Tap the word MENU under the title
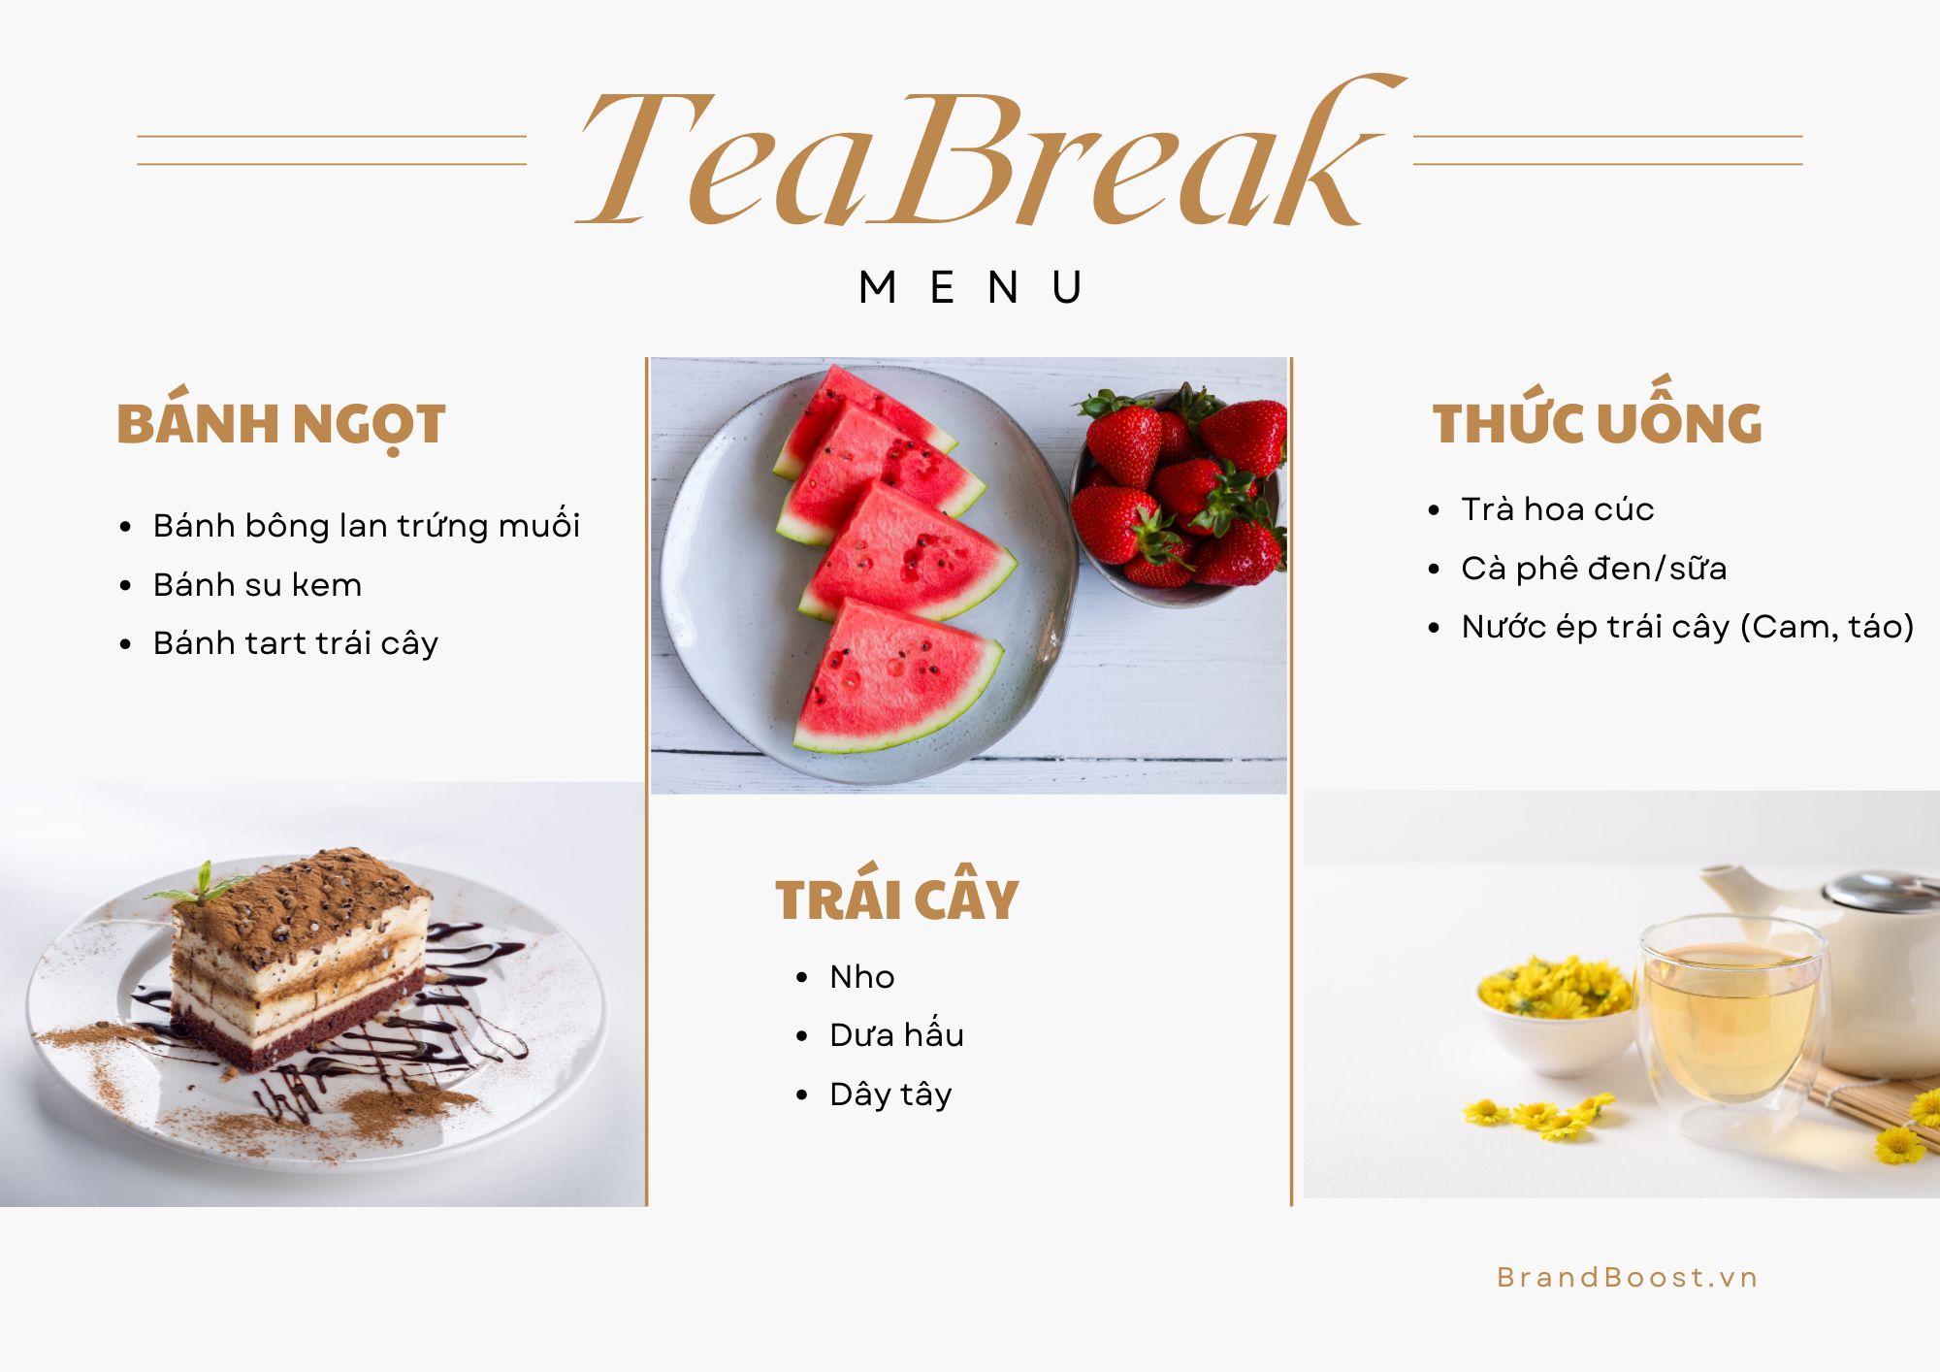click(971, 287)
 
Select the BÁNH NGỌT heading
click(280, 426)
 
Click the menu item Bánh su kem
click(257, 584)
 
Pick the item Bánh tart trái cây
click(296, 643)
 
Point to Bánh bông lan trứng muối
click(367, 525)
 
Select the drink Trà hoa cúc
click(1558, 509)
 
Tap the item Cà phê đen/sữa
click(1595, 568)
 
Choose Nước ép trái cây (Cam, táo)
click(1688, 627)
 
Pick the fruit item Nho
click(862, 976)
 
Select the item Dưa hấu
click(897, 1034)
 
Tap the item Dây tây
click(890, 1094)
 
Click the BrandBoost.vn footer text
click(1628, 1277)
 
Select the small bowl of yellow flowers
click(1556, 1015)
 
